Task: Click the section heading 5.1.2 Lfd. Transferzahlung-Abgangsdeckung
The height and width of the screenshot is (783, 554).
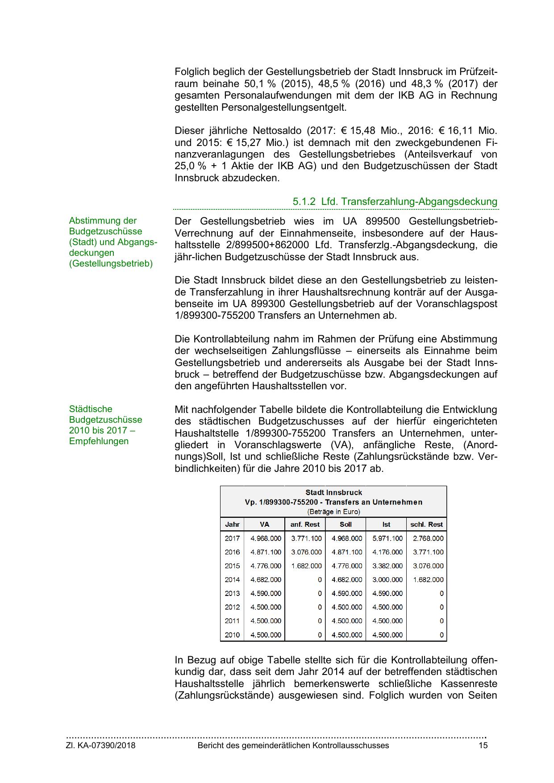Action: pyautogui.click(x=395, y=201)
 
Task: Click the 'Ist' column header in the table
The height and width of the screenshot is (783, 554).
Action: pyautogui.click(x=386, y=525)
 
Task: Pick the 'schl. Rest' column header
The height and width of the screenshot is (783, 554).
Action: pyautogui.click(x=426, y=525)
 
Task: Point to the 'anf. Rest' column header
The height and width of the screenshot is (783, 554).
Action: pyautogui.click(x=305, y=525)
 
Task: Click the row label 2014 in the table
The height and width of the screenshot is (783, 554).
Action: pyautogui.click(x=232, y=580)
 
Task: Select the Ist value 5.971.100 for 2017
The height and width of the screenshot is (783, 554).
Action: pyautogui.click(x=387, y=538)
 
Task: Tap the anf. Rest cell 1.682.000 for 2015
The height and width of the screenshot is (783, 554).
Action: pyautogui.click(x=306, y=566)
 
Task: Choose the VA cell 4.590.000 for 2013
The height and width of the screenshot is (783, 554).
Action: pyautogui.click(x=266, y=594)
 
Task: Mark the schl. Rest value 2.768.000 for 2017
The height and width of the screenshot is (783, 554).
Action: pyautogui.click(x=428, y=538)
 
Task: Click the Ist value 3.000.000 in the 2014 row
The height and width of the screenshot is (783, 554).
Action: pyautogui.click(x=387, y=580)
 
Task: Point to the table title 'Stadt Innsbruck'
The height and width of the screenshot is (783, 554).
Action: pyautogui.click(x=333, y=492)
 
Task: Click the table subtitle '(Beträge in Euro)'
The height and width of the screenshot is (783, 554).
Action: pyautogui.click(x=333, y=512)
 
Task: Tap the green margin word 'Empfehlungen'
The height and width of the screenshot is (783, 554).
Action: pyautogui.click(x=99, y=441)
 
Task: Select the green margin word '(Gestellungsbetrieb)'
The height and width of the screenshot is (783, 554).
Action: pyautogui.click(x=111, y=264)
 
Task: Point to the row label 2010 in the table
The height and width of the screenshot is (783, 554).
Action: pyautogui.click(x=232, y=635)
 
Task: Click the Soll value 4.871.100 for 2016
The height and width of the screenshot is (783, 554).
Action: pyautogui.click(x=347, y=552)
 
